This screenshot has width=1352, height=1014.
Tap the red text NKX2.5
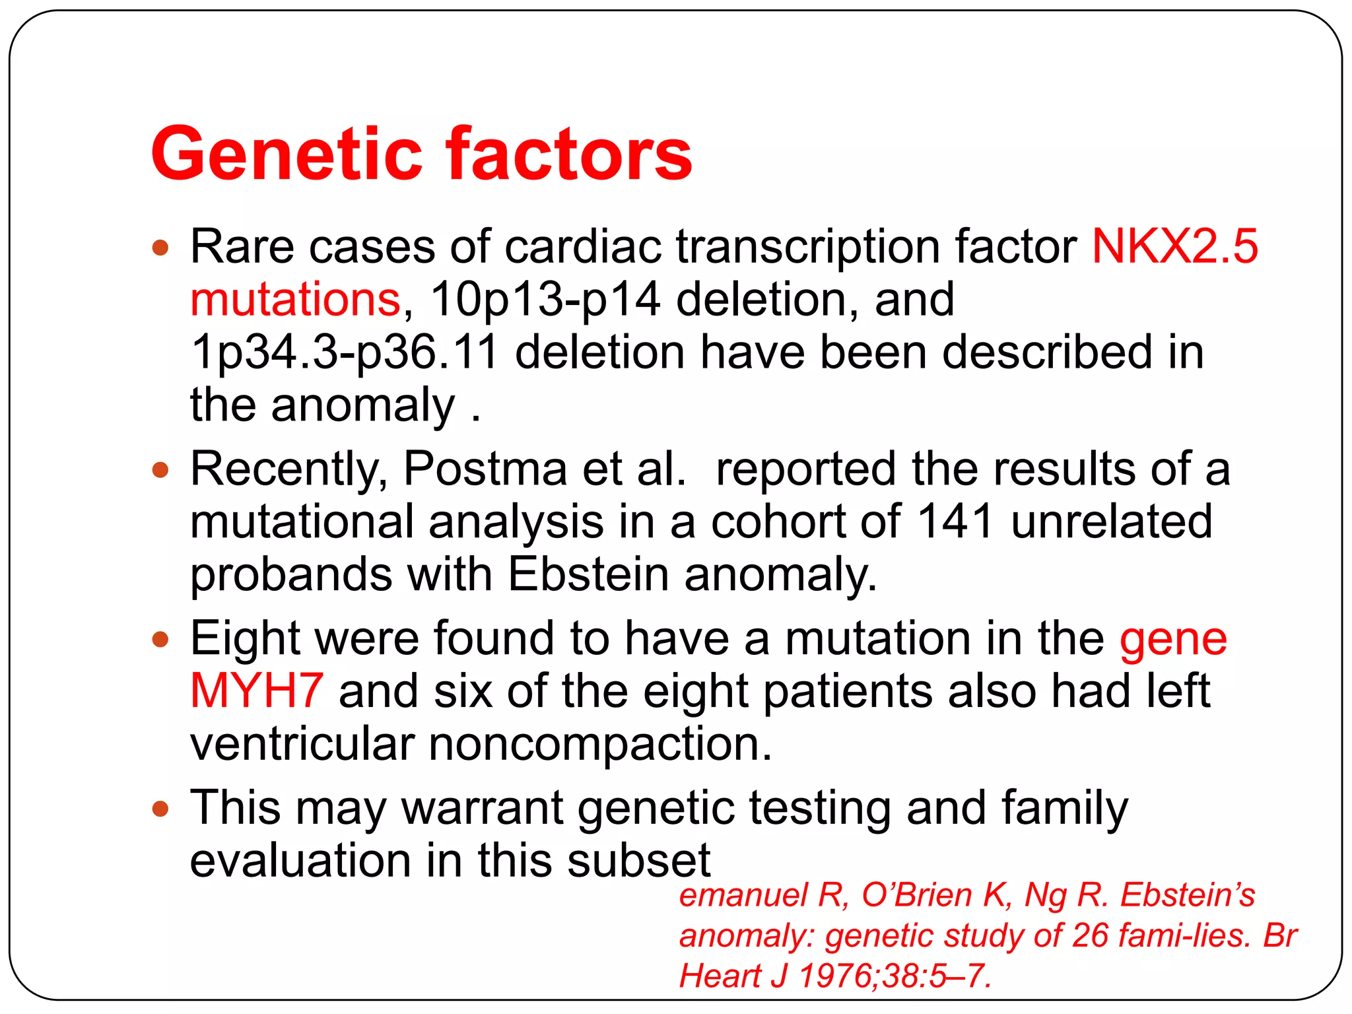click(x=1174, y=246)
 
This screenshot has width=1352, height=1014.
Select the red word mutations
click(x=295, y=299)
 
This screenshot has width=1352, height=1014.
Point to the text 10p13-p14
click(x=545, y=299)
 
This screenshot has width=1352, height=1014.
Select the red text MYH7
click(x=256, y=691)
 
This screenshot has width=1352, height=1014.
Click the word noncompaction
click(x=599, y=744)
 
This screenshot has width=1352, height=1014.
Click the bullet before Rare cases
click(x=160, y=249)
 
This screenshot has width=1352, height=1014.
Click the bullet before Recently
click(x=160, y=471)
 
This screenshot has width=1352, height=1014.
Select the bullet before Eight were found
click(x=160, y=640)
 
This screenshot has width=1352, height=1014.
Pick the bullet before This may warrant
click(x=160, y=809)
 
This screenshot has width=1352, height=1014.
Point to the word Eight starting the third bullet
click(x=245, y=638)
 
